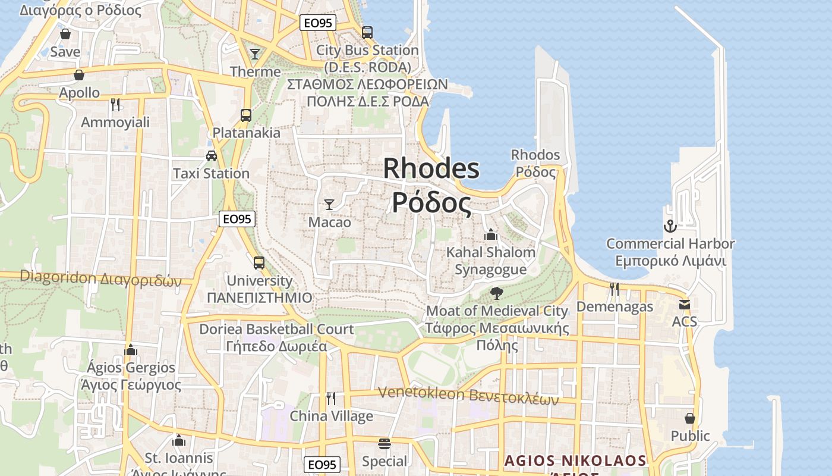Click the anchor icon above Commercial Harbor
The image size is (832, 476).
(670, 226)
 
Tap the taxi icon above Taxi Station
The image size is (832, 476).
(211, 156)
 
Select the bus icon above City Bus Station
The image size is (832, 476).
(367, 32)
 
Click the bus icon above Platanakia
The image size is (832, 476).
(246, 115)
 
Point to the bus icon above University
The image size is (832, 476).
(259, 262)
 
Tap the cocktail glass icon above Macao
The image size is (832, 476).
(329, 205)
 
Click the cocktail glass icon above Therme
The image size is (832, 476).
(255, 54)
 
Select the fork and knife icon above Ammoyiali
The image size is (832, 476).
(115, 105)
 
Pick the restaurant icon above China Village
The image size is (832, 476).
(331, 398)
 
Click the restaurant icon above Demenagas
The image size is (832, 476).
(614, 289)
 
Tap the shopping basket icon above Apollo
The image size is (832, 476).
(79, 75)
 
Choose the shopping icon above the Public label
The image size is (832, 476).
(690, 418)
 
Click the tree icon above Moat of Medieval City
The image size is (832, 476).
(497, 293)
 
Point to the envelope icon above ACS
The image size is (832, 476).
(685, 305)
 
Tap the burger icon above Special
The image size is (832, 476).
(385, 444)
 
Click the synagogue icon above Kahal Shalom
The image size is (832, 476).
(491, 234)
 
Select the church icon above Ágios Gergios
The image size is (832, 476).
(131, 350)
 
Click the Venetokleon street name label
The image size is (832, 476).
(469, 394)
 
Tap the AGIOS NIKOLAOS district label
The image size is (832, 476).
(575, 461)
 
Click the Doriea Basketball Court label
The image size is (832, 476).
(276, 329)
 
